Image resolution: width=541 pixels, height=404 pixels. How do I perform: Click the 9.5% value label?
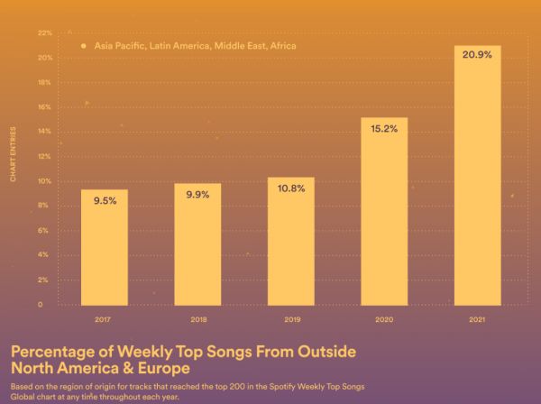tap(105, 201)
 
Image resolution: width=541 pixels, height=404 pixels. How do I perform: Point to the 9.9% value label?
tap(197, 196)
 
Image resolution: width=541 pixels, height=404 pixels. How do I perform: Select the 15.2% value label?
tap(384, 129)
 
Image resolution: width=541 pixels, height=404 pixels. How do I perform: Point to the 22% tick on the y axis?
tap(45, 33)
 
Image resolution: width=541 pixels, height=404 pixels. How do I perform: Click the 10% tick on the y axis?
tap(45, 181)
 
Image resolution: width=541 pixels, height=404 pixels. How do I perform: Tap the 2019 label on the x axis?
tap(291, 320)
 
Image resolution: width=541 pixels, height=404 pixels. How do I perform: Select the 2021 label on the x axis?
tap(478, 320)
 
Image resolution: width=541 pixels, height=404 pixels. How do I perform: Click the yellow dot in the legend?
tap(83, 45)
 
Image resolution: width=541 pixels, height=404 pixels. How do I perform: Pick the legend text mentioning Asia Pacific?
tap(194, 45)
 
